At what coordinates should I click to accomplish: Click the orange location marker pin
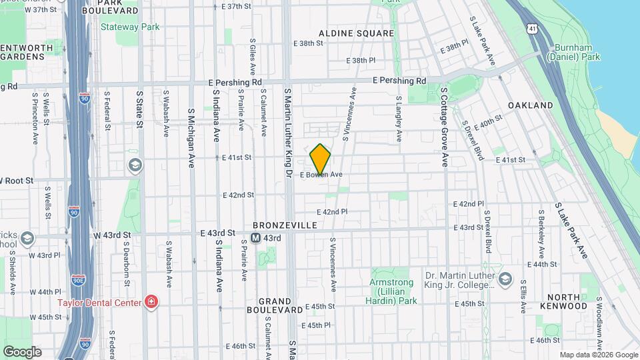click(x=321, y=160)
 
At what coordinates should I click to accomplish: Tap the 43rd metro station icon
click(x=256, y=238)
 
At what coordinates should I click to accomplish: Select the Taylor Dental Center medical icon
click(x=152, y=303)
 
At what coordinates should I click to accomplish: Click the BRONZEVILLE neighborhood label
click(x=285, y=226)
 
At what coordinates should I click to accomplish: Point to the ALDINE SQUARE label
click(x=356, y=33)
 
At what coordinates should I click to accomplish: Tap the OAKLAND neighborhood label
click(x=530, y=105)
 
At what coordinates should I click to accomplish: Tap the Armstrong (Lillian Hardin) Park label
click(x=393, y=291)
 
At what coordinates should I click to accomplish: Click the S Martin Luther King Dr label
click(x=289, y=133)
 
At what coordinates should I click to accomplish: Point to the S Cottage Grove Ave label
click(x=444, y=127)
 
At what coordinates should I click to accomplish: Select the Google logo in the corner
click(x=22, y=351)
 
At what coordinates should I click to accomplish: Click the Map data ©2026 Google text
click(x=598, y=355)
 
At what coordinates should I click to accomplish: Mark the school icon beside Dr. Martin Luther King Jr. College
click(x=505, y=279)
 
